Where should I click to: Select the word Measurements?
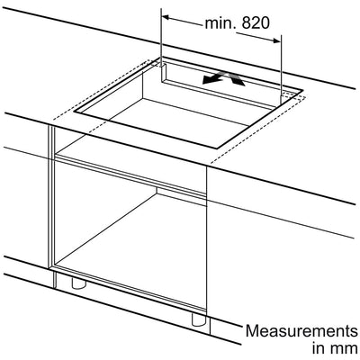pyautogui.click(x=301, y=331)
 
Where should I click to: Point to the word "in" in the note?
pyautogui.click(x=318, y=348)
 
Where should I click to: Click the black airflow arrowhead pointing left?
pyautogui.click(x=210, y=79)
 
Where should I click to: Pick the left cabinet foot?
pyautogui.click(x=78, y=283)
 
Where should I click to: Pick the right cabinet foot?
pyautogui.click(x=198, y=319)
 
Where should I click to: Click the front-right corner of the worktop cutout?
pyautogui.click(x=217, y=148)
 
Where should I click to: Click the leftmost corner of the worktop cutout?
pyautogui.click(x=74, y=112)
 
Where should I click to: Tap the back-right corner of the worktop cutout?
pyautogui.click(x=302, y=89)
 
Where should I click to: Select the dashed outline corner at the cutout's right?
pyautogui.click(x=305, y=96)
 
